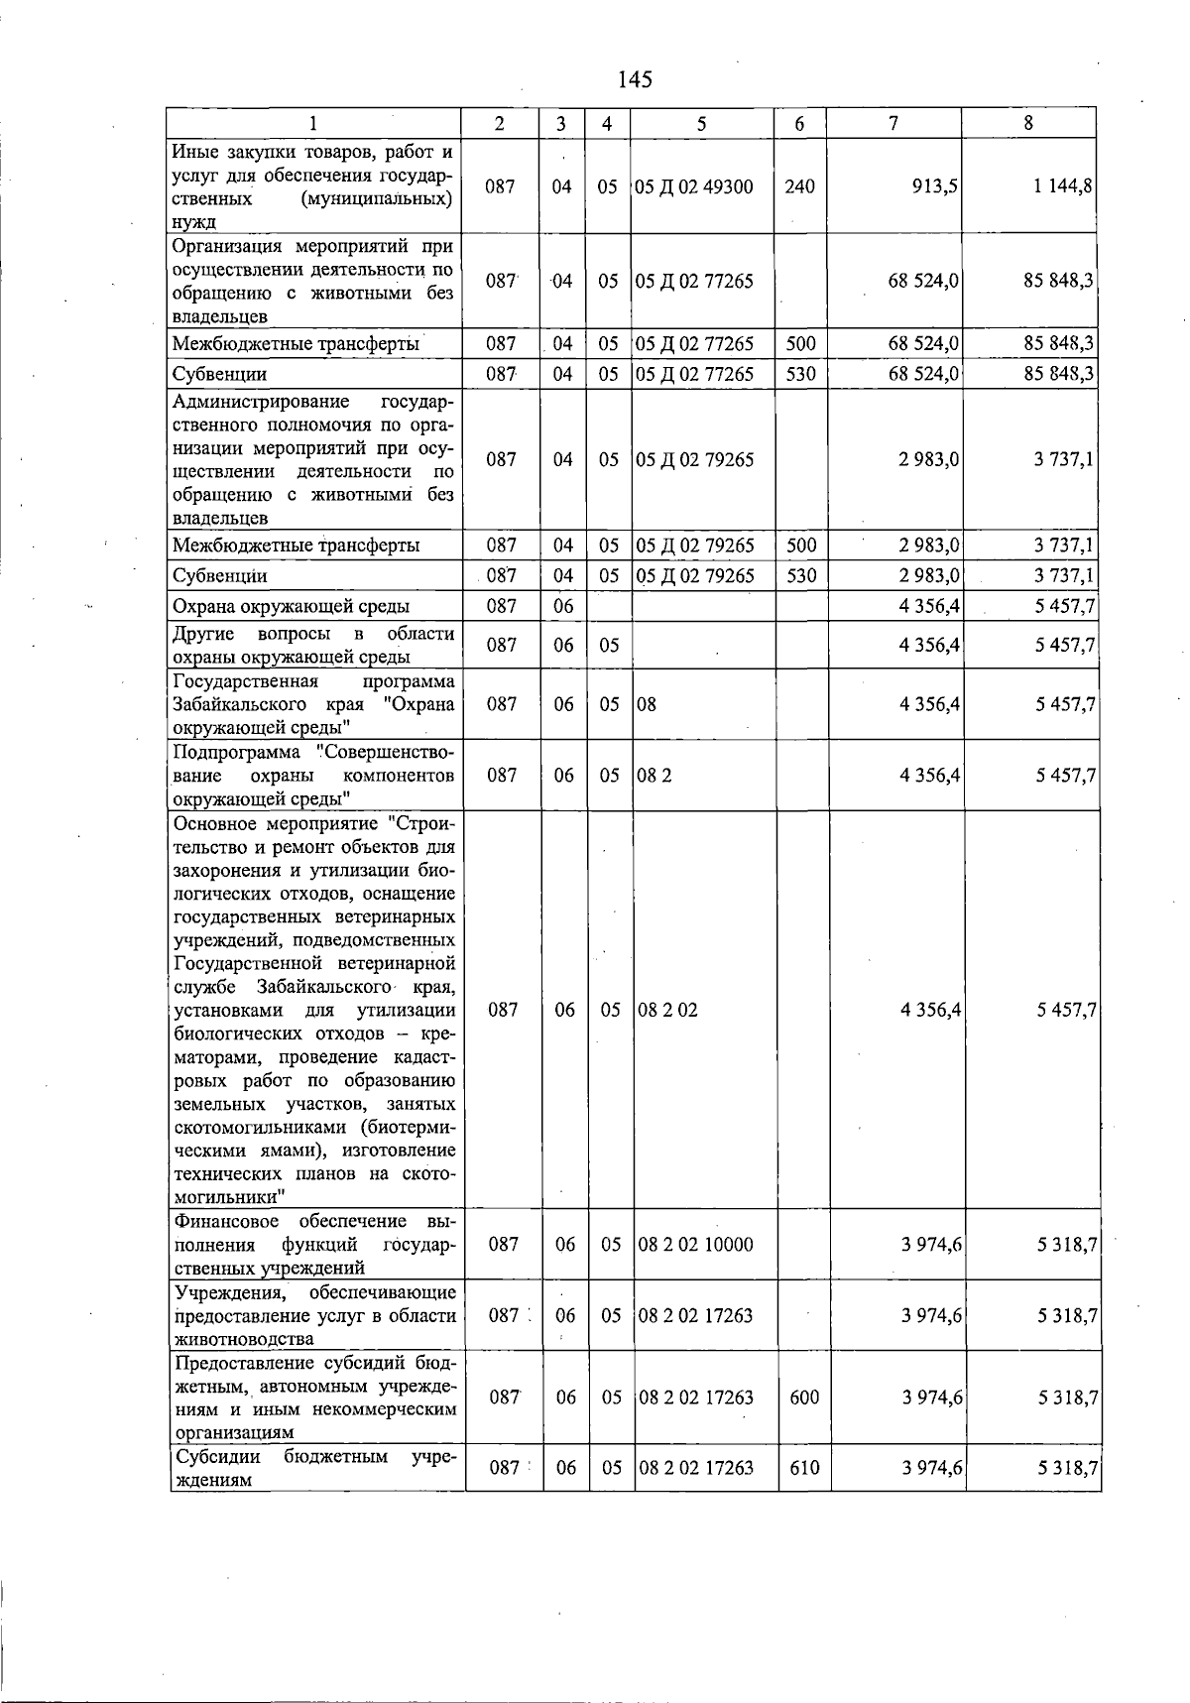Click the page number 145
tap(634, 79)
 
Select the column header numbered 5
tap(701, 123)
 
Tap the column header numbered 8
tap(1028, 123)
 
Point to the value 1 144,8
tap(1065, 186)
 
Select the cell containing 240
tap(799, 186)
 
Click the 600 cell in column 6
tap(804, 1397)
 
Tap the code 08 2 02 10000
tap(696, 1244)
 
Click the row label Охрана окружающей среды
tap(292, 606)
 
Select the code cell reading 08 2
tap(654, 775)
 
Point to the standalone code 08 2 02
tap(667, 1010)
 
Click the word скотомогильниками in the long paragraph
tap(256, 1128)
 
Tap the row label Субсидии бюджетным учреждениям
tap(314, 1468)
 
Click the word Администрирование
tap(261, 402)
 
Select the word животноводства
tap(243, 1339)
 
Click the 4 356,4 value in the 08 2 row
tap(929, 775)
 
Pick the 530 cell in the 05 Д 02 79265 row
tap(800, 575)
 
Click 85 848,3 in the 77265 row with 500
tap(1059, 343)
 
